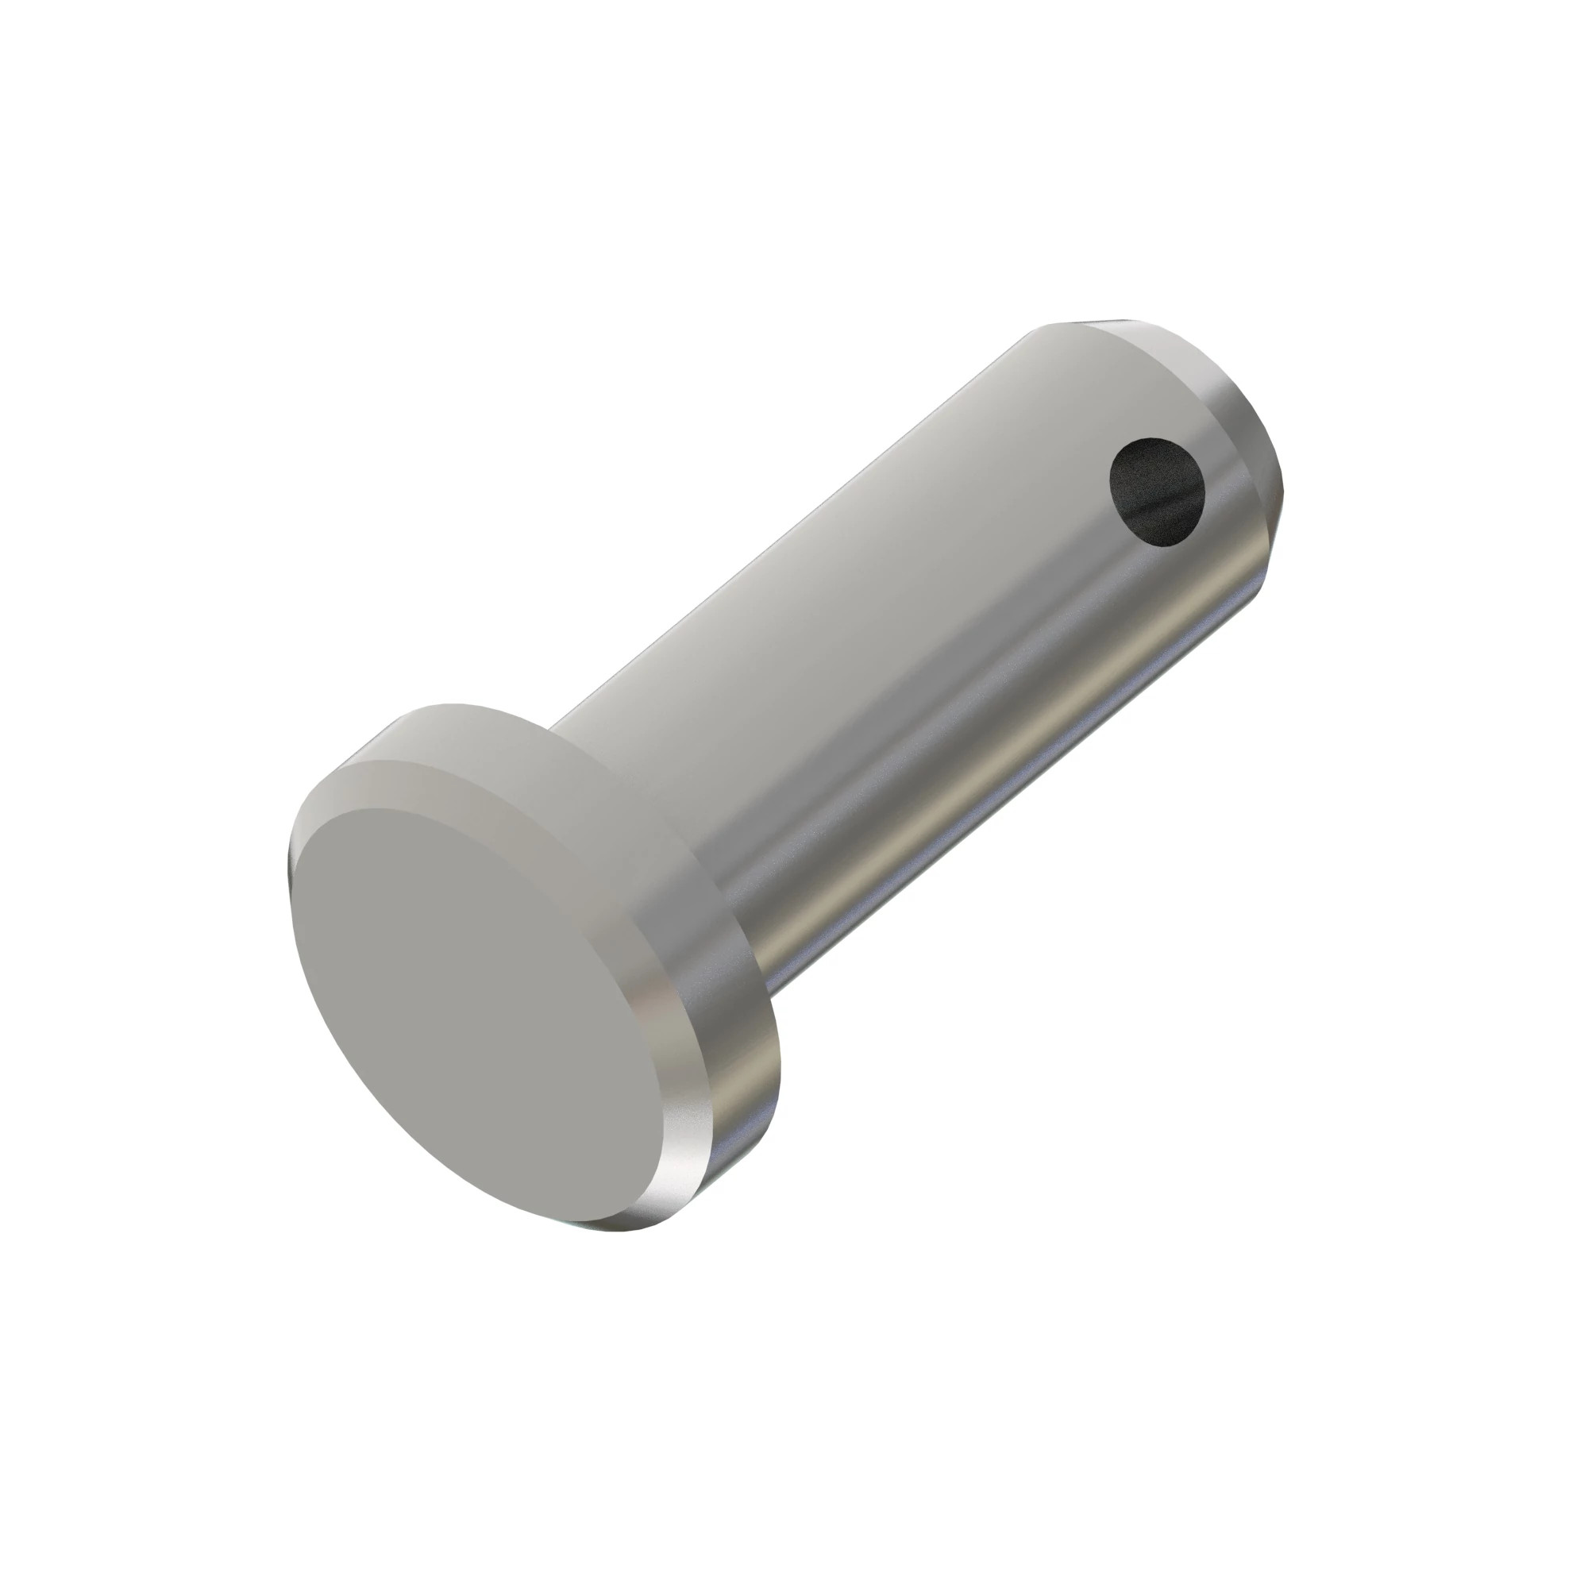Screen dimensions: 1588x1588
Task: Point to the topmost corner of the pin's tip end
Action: tap(1101, 320)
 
